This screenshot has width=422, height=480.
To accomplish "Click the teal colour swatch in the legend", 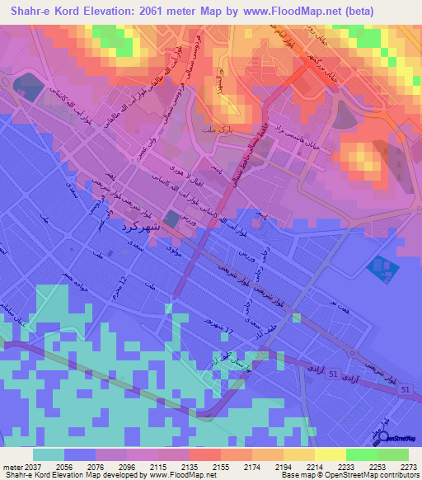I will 49,454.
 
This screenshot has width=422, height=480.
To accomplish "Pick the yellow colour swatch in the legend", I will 330,454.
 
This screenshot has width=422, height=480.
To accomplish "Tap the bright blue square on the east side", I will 379,266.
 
